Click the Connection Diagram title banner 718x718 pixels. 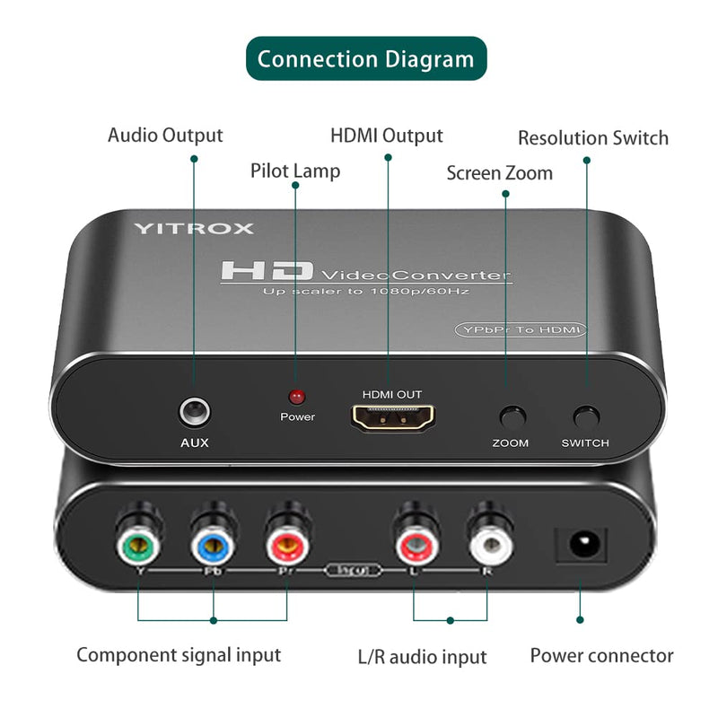click(x=366, y=59)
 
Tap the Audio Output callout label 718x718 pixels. click(x=165, y=136)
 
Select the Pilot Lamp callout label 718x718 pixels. click(x=295, y=170)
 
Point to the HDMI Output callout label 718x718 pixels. click(x=387, y=136)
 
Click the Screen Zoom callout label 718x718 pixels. click(x=499, y=172)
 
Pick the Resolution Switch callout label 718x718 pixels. click(x=593, y=138)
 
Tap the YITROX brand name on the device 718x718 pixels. click(x=194, y=228)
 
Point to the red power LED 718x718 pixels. click(x=296, y=396)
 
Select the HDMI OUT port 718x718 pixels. click(x=392, y=417)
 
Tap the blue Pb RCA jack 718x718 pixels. click(x=213, y=540)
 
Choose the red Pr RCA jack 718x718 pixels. click(x=287, y=540)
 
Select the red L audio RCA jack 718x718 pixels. click(x=414, y=541)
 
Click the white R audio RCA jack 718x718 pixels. click(x=487, y=541)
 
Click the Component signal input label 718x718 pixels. click(x=179, y=654)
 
